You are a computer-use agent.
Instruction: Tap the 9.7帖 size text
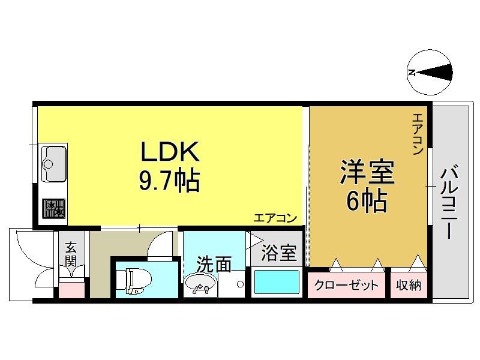170,181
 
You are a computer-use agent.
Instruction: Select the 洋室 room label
367,172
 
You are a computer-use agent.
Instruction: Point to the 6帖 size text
367,201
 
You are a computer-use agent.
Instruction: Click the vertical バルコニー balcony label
449,202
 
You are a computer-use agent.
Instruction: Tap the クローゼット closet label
346,286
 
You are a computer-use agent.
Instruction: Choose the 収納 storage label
409,285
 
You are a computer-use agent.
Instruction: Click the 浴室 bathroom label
279,253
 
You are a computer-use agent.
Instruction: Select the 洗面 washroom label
214,264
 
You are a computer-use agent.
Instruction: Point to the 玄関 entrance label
71,254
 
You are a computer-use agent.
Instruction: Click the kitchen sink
54,163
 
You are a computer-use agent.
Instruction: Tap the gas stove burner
54,208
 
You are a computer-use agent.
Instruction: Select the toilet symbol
134,281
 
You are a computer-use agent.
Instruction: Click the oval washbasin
200,284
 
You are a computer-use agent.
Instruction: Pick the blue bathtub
277,281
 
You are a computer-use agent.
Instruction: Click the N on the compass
412,73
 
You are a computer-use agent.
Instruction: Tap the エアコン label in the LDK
275,218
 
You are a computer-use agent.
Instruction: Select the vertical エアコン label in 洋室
418,134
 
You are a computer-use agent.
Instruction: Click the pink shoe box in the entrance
71,290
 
